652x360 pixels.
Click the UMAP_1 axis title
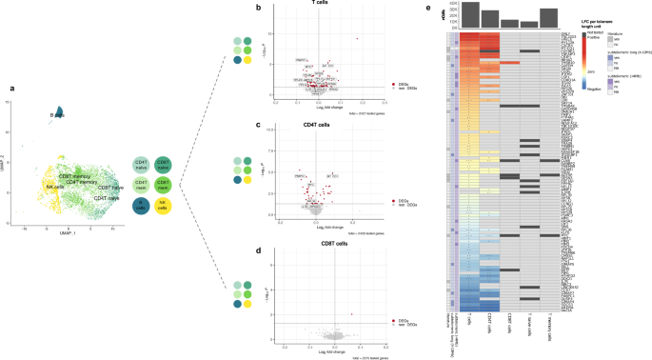pos(67,231)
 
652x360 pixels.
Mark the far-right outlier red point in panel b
pos(357,39)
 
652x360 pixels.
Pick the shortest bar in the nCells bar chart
pos(530,25)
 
